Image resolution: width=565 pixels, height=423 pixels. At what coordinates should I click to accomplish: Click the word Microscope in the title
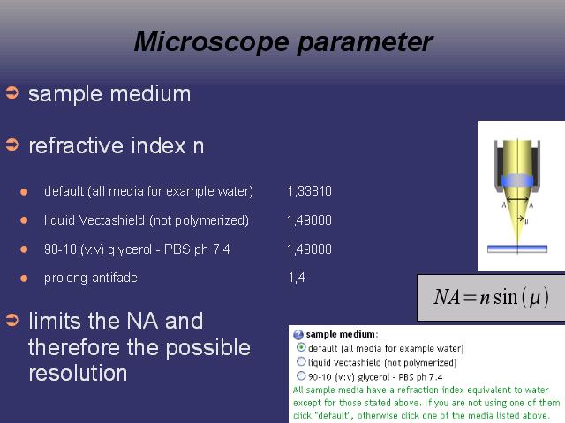point(211,42)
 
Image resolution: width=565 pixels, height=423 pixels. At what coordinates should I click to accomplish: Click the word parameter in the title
point(365,43)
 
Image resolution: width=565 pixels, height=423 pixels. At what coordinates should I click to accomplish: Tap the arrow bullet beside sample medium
point(11,93)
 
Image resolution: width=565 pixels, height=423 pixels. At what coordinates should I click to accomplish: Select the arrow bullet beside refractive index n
point(11,145)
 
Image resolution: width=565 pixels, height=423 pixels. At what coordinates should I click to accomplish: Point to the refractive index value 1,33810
point(310,191)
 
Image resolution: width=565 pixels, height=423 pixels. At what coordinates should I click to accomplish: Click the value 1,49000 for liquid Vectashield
point(310,220)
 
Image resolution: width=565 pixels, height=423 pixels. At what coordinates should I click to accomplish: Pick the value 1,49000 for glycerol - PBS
point(310,249)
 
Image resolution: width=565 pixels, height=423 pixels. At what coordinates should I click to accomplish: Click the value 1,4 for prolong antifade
point(297,278)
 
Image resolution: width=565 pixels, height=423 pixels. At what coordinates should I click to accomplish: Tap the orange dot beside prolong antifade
point(24,278)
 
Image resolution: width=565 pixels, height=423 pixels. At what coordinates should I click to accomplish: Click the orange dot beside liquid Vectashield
point(24,220)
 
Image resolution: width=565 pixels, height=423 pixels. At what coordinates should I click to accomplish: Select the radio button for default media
point(301,347)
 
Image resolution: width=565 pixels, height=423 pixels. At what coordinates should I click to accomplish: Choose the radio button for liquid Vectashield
point(301,361)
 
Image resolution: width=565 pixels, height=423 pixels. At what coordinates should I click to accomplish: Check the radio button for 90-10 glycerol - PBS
point(301,376)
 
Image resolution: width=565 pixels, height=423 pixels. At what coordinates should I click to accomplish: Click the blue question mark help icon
point(298,335)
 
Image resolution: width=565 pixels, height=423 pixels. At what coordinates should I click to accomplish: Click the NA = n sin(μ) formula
point(491,298)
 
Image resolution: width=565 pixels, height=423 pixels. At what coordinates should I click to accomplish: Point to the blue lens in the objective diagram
point(518,181)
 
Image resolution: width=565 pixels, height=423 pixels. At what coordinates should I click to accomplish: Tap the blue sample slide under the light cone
point(517,249)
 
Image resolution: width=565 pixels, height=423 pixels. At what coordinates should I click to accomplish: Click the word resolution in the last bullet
point(78,373)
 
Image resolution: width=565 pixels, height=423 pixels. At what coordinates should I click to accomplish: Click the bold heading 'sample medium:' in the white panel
point(342,334)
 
